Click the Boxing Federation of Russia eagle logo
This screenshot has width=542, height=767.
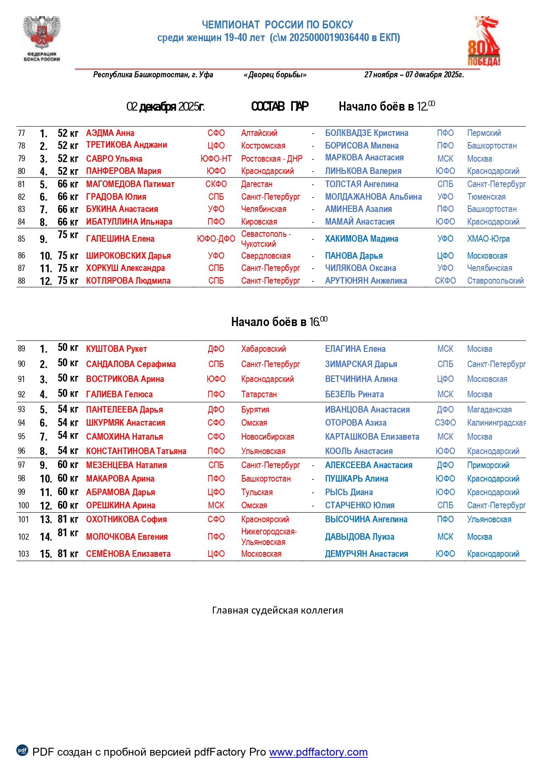[42, 38]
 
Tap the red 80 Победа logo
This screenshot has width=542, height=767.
[484, 42]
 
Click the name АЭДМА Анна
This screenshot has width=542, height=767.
[110, 133]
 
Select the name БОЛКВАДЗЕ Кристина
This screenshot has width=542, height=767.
[366, 133]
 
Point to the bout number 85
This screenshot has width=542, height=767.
[21, 239]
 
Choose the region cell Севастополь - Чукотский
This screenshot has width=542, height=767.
[266, 239]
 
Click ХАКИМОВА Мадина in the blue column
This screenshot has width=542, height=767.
[361, 239]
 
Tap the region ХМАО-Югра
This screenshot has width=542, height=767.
[488, 239]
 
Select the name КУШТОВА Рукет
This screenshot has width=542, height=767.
[116, 349]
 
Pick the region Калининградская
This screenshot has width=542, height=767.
[496, 423]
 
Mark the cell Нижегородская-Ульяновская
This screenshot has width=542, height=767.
[269, 537]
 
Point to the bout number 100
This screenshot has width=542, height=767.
[24, 505]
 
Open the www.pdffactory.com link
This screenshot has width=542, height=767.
[318, 752]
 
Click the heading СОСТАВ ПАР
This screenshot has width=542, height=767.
[280, 106]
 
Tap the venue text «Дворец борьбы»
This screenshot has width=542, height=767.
[275, 75]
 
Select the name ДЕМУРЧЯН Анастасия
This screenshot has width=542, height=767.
[366, 554]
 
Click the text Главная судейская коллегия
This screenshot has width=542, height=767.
[278, 610]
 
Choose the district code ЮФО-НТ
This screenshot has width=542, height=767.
[216, 159]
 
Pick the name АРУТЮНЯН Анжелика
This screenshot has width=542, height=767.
[366, 281]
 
